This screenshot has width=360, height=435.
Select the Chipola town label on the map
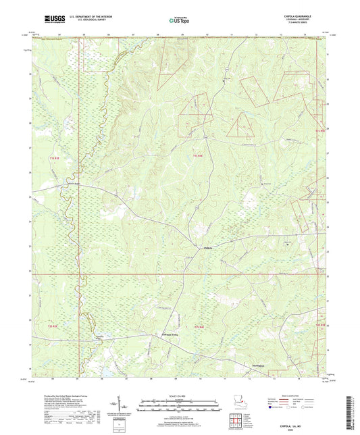click(190, 249)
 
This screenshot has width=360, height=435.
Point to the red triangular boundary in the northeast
click(239, 125)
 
